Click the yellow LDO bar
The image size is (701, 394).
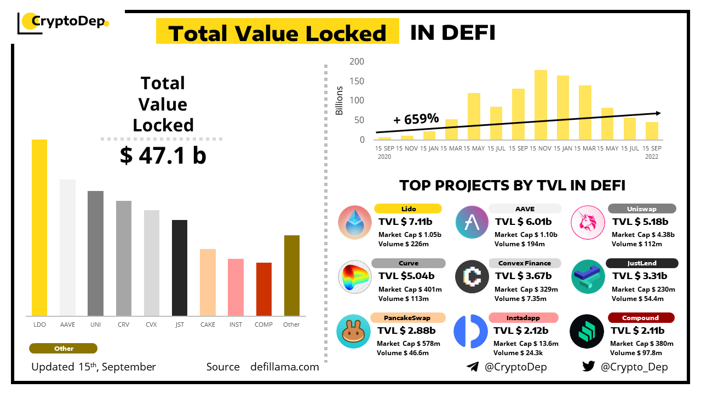point(39,228)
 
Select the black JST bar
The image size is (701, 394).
point(180,268)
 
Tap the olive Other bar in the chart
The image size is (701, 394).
point(292,276)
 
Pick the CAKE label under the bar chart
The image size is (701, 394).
point(208,325)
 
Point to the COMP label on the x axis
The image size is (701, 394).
point(263,325)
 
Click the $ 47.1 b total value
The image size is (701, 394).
point(163,156)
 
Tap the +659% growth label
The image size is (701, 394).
point(416,119)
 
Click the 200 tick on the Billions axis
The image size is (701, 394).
point(357,61)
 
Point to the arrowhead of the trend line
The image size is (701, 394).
point(658,113)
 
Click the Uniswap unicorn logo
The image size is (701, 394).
point(588,222)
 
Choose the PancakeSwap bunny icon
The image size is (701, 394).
point(354,332)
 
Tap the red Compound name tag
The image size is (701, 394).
point(641,318)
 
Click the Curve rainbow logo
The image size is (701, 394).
point(354,277)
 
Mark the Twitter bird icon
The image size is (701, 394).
point(589,367)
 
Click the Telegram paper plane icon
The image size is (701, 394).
point(473,367)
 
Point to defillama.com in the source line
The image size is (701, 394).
point(284,367)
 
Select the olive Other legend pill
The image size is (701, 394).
point(64,349)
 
